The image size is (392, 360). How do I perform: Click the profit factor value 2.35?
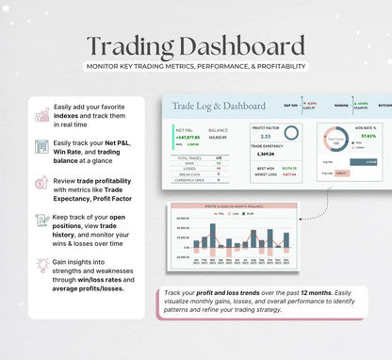pos(258,136)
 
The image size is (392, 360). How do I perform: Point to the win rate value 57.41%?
pos(367,136)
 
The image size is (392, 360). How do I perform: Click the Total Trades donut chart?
pos(336,139)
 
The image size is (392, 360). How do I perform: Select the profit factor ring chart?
pos(291,134)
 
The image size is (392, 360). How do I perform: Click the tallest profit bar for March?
pos(212,235)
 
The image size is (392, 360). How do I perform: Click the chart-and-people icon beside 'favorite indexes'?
pos(42,115)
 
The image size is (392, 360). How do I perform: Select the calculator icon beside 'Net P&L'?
pos(42,146)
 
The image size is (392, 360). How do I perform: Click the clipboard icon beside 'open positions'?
pos(42,221)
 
